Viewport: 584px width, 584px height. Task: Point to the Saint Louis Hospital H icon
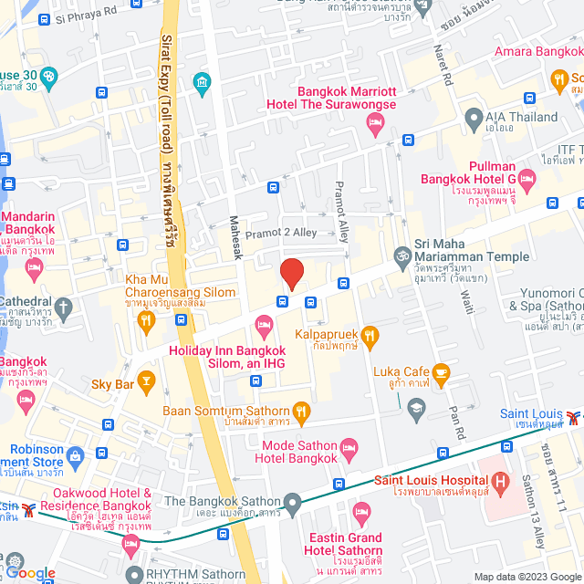[501, 481]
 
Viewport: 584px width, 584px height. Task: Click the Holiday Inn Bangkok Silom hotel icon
[264, 324]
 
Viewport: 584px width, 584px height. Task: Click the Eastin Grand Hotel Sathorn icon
[362, 510]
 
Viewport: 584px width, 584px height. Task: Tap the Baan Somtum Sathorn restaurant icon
[302, 412]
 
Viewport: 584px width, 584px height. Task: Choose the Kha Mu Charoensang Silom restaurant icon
[144, 319]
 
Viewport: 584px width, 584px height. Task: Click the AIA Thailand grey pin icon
[473, 118]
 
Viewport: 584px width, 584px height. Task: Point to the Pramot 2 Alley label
[280, 233]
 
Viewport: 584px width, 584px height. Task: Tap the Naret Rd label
[447, 67]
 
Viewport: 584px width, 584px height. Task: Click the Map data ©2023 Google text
[526, 576]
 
